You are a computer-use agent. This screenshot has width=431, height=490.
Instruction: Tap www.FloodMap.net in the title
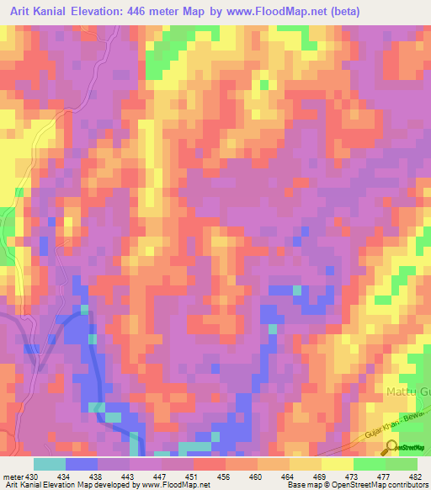coord(307,12)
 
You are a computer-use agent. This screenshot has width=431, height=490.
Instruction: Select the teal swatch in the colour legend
coord(49,464)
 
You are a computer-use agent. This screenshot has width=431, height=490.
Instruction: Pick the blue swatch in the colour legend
coord(82,464)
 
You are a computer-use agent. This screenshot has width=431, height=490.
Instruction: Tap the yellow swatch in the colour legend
coord(337,464)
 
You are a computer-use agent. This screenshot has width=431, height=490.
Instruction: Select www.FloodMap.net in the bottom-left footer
coord(176,485)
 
